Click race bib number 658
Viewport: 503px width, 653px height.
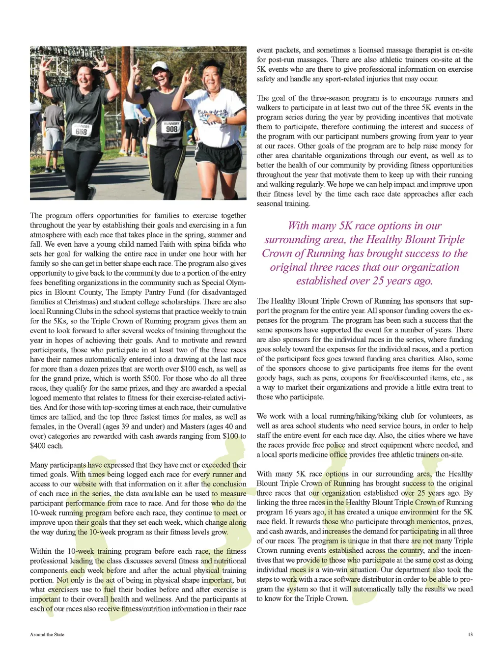click(82, 132)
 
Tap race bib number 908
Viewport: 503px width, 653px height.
click(171, 129)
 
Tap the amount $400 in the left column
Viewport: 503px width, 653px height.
click(38, 446)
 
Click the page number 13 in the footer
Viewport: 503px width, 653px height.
click(470, 634)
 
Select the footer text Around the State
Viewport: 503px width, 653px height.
click(47, 634)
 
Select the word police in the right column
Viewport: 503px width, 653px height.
click(335, 445)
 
